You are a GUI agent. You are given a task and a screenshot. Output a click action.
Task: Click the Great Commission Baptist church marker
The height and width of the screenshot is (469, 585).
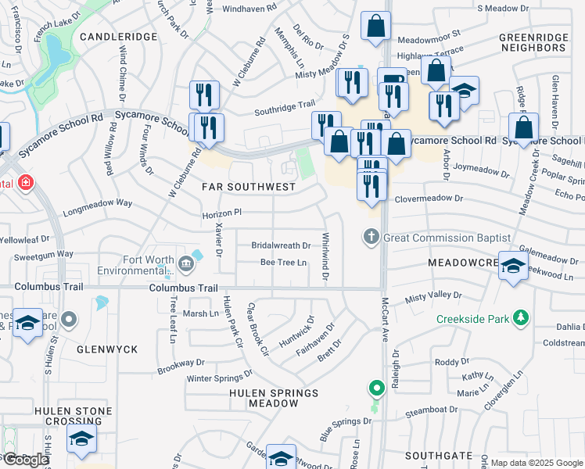(371, 237)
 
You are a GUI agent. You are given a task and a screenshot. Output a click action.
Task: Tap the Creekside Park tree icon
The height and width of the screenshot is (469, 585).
(519, 317)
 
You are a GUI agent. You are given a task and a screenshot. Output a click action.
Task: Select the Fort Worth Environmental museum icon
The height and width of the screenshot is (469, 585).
(186, 263)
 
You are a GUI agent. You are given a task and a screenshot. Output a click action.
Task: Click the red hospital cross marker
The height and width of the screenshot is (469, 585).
(27, 183)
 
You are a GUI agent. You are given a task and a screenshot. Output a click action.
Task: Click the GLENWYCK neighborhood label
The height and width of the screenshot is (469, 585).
(107, 349)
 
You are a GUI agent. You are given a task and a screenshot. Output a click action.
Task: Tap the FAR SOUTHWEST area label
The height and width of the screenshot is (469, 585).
(249, 187)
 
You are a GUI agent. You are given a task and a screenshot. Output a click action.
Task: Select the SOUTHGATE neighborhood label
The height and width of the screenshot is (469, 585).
(439, 455)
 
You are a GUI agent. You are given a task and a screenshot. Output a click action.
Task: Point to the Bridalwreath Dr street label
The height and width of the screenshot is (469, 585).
(281, 245)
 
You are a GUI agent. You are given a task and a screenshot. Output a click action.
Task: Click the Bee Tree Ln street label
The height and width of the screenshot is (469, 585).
(283, 263)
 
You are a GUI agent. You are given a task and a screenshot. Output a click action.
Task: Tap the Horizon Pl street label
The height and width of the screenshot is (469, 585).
(222, 213)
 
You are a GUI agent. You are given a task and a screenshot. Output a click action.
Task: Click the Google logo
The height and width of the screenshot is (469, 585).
(26, 460)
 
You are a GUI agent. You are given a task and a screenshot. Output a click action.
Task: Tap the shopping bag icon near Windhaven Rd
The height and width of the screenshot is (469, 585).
(375, 25)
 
